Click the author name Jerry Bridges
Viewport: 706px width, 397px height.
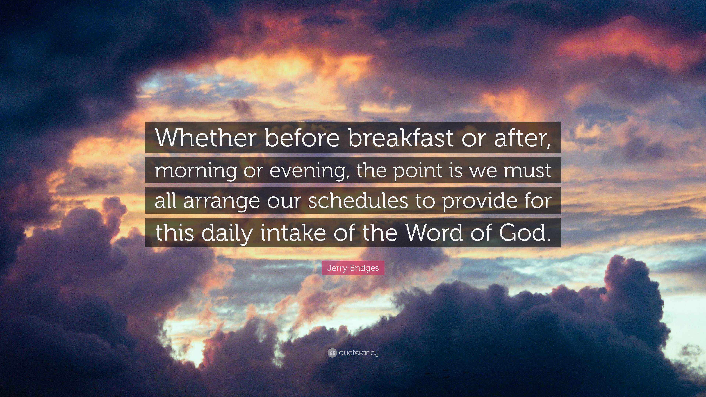click(353, 268)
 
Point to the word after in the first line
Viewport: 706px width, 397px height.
click(523, 138)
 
